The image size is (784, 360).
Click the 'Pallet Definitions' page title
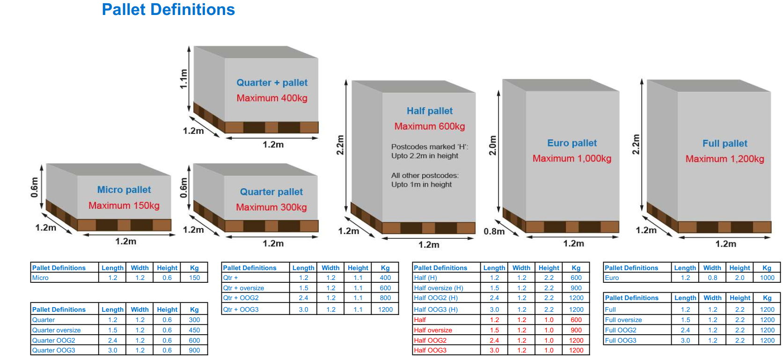(x=168, y=10)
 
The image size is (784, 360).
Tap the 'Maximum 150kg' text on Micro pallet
(x=124, y=206)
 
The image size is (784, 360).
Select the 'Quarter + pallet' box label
(x=272, y=83)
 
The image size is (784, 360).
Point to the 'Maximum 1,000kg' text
(x=572, y=159)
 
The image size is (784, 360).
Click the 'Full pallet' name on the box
(x=725, y=144)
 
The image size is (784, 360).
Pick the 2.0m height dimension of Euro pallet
(x=492, y=146)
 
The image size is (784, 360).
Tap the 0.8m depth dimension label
(x=494, y=232)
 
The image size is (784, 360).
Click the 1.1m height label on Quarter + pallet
(x=184, y=79)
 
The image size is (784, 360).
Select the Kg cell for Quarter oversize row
(x=194, y=330)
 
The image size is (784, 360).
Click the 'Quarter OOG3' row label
(x=54, y=350)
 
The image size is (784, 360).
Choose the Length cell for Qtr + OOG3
(x=303, y=309)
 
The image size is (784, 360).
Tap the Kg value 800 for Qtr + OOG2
(x=385, y=298)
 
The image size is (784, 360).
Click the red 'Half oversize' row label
(x=433, y=330)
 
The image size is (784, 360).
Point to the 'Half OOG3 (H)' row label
(x=436, y=309)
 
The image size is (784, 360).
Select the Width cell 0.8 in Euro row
(x=712, y=278)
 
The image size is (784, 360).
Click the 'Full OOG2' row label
(x=621, y=330)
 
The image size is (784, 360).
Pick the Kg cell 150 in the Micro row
(x=194, y=278)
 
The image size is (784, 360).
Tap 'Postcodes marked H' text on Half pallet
(x=429, y=147)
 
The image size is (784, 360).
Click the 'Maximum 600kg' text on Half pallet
(x=430, y=126)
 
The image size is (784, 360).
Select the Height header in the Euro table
(x=740, y=268)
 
